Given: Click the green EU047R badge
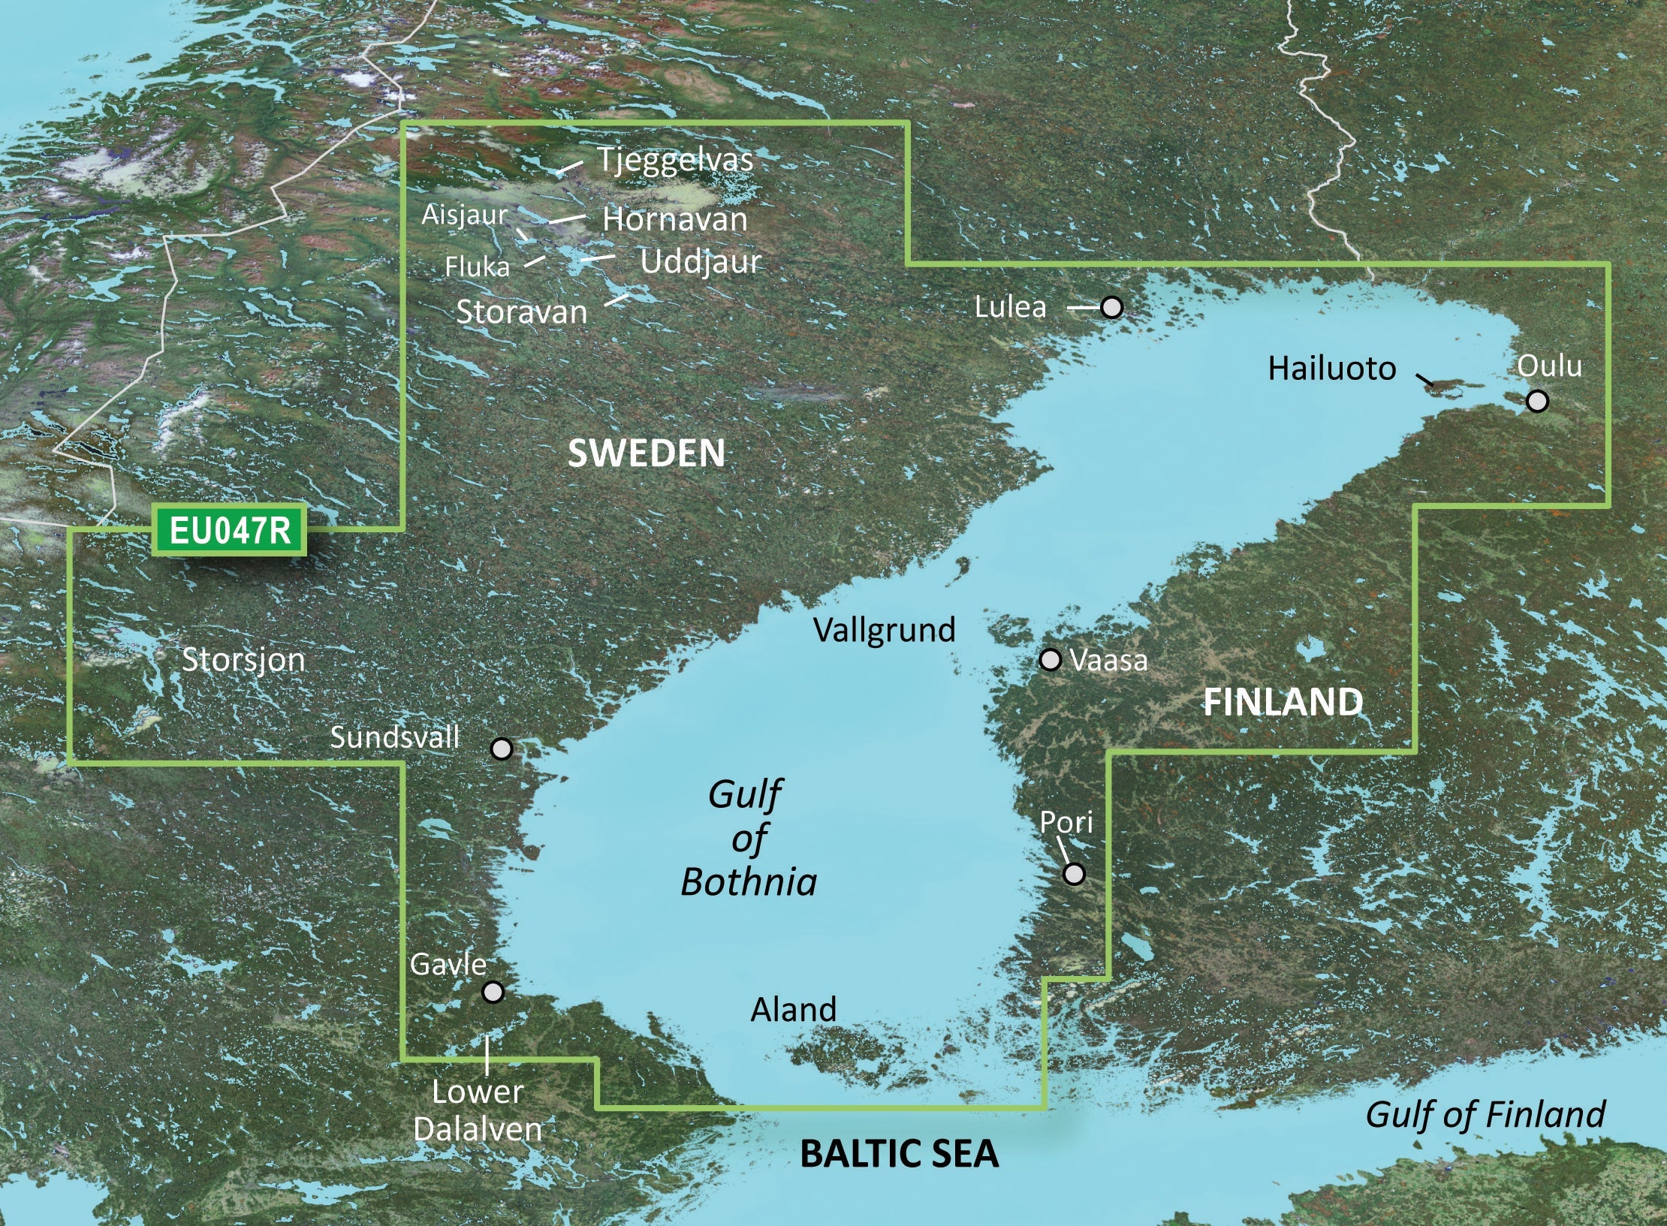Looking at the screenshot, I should [229, 531].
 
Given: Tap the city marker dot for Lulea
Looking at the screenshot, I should [1111, 307].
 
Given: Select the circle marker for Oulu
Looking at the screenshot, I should [1537, 401].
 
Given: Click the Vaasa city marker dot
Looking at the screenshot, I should [1050, 660].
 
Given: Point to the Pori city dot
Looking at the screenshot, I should [1074, 874].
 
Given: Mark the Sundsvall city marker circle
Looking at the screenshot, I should [501, 749].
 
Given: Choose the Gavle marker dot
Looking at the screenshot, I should [493, 993].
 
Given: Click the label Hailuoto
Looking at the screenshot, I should [1331, 369].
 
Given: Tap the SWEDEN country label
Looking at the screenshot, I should [647, 453].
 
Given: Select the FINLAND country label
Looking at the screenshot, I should [1283, 702].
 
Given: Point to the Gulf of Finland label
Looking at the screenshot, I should [1485, 1114].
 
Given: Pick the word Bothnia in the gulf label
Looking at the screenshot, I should [749, 882].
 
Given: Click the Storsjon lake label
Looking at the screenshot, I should [243, 661].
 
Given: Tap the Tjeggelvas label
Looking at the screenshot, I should [674, 160].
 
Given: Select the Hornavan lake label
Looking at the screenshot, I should [674, 220].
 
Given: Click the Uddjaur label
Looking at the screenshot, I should [700, 262].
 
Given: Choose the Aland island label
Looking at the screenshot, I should [793, 1010].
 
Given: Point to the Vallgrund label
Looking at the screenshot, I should [884, 630].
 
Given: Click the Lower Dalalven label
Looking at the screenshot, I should [478, 1110].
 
